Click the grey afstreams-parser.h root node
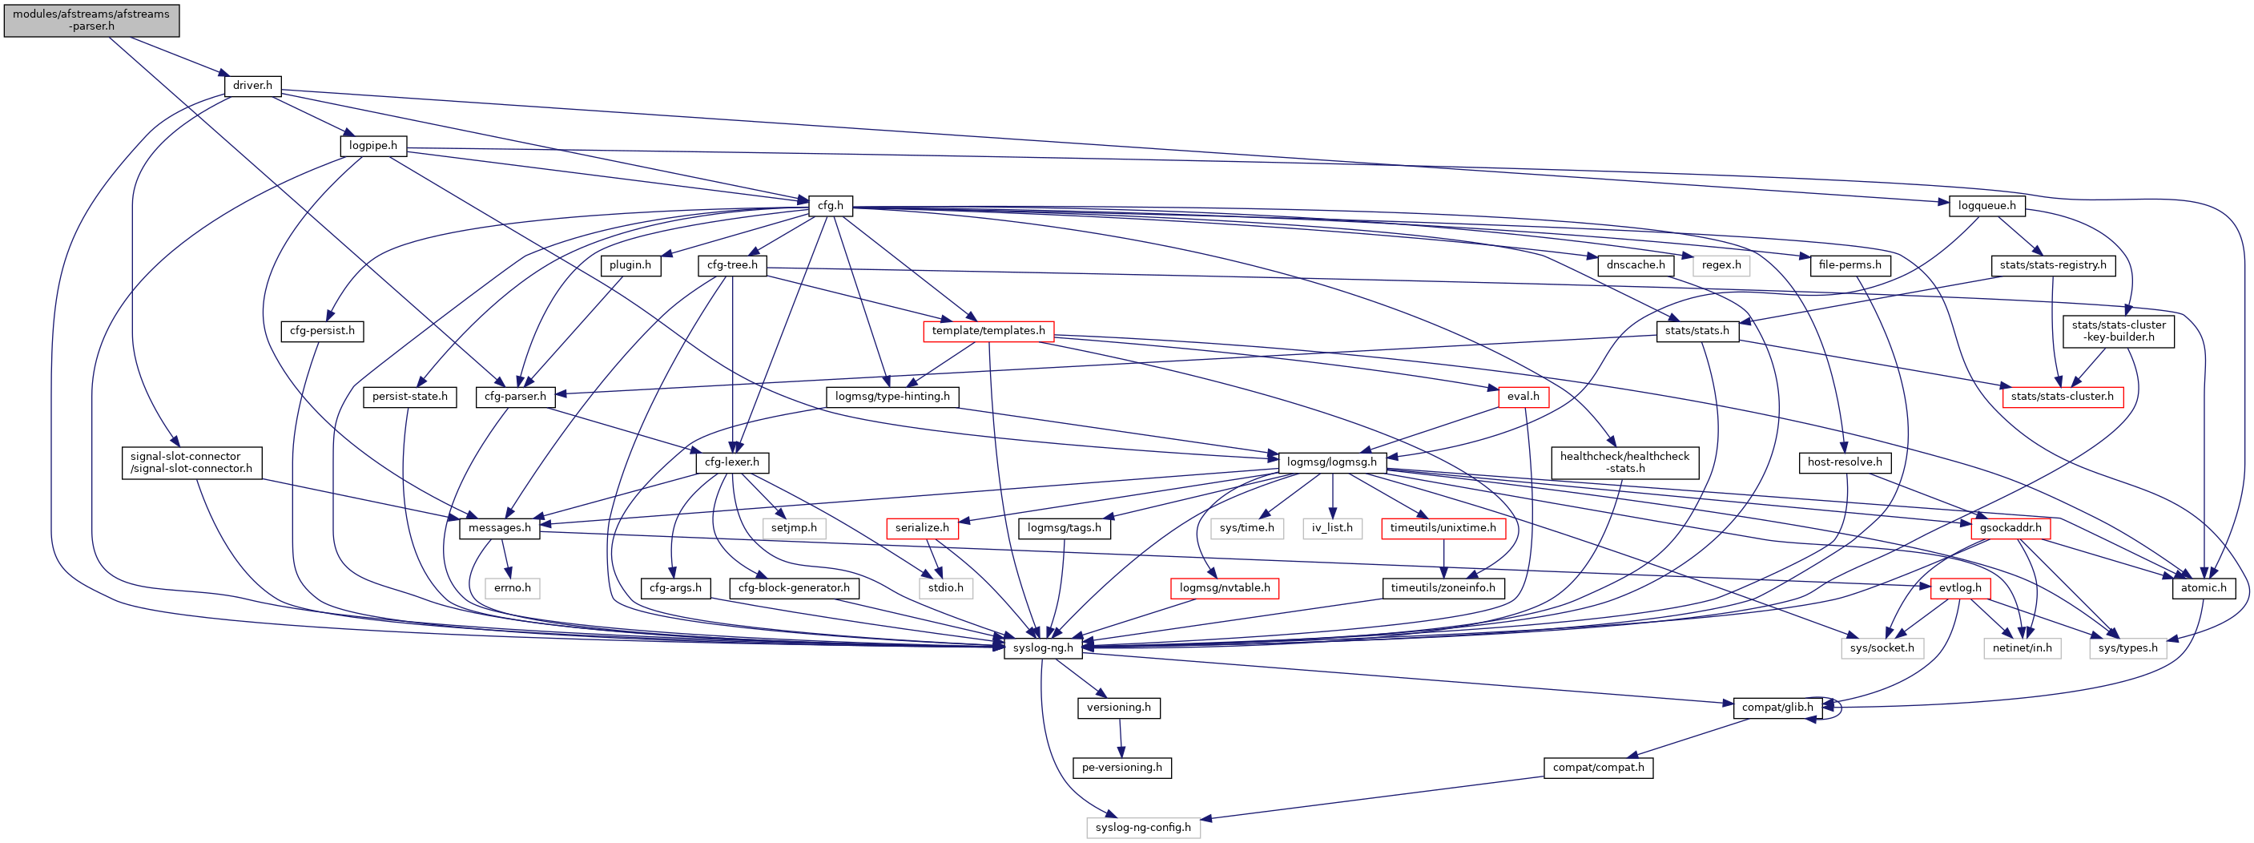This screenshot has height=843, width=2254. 91,20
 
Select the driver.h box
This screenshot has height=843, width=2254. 252,86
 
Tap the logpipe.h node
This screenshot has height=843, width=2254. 372,146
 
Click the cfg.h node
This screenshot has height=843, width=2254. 830,207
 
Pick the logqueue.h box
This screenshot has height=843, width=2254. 1986,207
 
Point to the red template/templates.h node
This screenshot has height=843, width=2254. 988,331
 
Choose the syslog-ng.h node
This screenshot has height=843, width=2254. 1042,648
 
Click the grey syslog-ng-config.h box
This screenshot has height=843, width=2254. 1143,828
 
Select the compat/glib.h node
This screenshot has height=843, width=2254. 1777,708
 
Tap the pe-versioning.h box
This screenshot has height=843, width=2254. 1121,768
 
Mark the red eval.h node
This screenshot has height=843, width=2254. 1523,397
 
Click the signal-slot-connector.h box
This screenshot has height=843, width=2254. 191,463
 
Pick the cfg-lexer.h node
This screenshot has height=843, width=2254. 731,462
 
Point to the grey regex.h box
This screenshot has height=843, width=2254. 1721,265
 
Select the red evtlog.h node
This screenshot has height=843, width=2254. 1959,588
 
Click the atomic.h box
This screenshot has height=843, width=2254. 2203,588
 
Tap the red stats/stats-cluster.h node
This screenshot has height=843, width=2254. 2062,397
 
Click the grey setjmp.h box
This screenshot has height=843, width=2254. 794,528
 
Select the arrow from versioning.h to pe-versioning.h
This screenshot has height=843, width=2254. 1121,738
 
